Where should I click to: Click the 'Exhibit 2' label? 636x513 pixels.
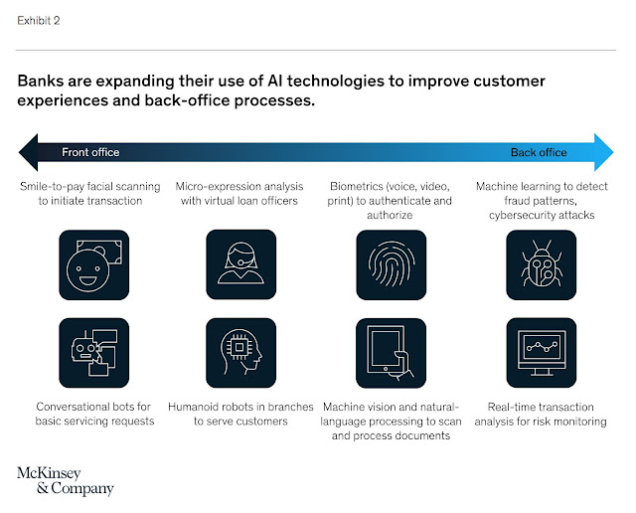click(x=39, y=21)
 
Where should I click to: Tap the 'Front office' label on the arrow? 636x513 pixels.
click(x=90, y=152)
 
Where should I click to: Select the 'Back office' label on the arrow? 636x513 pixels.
click(x=539, y=152)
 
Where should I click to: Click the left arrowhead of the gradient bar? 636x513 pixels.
click(x=29, y=152)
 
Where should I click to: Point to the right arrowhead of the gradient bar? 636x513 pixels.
click(x=604, y=152)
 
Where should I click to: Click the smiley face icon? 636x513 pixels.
click(x=94, y=265)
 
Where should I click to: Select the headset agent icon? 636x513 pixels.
click(x=240, y=264)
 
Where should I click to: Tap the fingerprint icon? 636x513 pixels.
click(x=391, y=265)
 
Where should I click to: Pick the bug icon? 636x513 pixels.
click(x=541, y=265)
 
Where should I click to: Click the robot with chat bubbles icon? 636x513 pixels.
click(x=94, y=353)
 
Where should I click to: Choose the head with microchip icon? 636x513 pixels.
click(x=240, y=353)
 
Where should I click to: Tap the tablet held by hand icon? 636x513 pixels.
click(x=391, y=353)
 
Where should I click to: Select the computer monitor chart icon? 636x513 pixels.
click(x=541, y=353)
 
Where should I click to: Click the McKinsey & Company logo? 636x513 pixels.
click(x=66, y=481)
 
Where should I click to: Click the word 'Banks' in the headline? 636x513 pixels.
click(x=41, y=82)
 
